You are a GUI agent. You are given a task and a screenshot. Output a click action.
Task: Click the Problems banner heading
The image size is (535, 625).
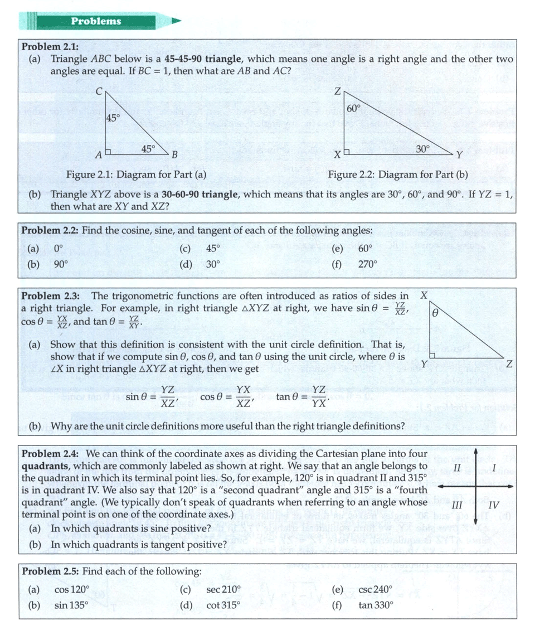96,21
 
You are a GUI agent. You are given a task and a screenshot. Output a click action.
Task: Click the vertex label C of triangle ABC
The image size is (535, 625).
99,92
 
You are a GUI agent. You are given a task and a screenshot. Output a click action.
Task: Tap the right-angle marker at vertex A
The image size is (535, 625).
108,151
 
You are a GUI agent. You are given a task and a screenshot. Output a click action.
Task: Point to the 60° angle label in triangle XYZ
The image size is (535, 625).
354,108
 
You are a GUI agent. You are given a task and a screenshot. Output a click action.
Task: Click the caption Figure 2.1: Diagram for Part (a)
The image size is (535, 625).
137,175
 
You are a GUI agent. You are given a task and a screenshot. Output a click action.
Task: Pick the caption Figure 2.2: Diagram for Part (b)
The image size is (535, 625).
398,175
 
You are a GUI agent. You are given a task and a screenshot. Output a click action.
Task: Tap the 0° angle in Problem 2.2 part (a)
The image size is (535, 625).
59,248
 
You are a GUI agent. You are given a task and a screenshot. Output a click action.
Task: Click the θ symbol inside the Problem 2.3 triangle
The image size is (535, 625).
436,314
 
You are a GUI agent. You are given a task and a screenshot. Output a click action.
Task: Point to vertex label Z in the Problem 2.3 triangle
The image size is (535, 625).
508,364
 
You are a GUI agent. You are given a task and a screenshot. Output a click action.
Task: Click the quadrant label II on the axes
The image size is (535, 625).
457,467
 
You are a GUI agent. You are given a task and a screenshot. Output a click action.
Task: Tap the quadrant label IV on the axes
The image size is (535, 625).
493,506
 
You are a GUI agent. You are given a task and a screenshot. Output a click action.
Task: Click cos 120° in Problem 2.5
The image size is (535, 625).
72,589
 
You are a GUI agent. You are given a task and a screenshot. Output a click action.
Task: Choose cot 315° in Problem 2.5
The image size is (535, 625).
223,605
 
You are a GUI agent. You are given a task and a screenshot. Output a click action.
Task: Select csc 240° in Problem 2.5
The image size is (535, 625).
376,589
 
